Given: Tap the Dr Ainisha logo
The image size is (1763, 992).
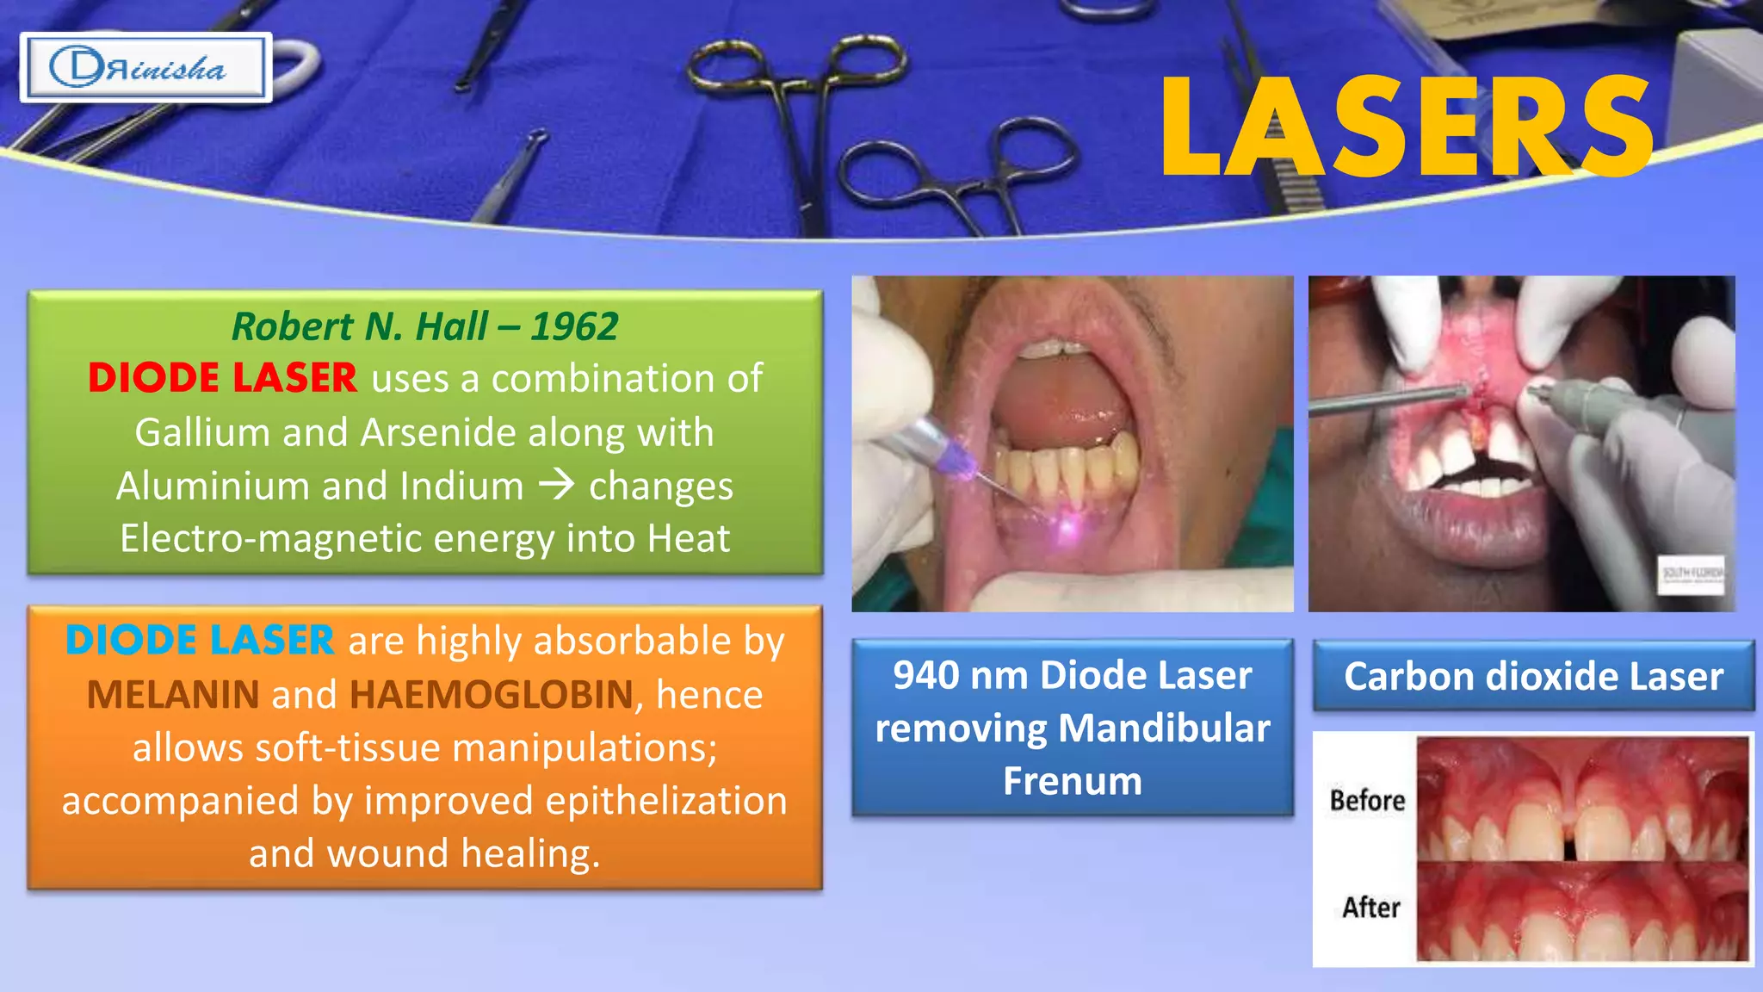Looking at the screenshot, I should click(x=145, y=68).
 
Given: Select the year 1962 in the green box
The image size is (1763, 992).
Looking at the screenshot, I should click(x=574, y=326).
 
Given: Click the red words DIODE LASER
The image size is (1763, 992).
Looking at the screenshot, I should click(x=222, y=378).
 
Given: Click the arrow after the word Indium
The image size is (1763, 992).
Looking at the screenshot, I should click(x=556, y=485).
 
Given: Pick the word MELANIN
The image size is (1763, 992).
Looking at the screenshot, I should click(x=173, y=695).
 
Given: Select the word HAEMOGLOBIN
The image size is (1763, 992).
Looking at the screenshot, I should click(x=492, y=695).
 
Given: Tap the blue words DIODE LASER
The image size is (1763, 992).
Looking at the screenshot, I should click(x=200, y=641).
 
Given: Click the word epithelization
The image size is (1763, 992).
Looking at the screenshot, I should click(x=666, y=801).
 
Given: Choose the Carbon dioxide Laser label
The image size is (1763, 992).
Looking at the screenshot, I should click(x=1533, y=677).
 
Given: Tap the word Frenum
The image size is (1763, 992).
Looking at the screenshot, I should click(x=1073, y=782).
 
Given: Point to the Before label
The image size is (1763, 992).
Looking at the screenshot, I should click(x=1367, y=800).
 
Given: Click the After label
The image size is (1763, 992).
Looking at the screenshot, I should click(x=1370, y=908).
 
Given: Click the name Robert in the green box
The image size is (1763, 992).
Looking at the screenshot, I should click(x=292, y=326).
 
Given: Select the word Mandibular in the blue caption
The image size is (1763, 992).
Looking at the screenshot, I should click(x=1164, y=728).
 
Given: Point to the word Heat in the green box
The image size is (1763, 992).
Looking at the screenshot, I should click(x=689, y=538).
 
